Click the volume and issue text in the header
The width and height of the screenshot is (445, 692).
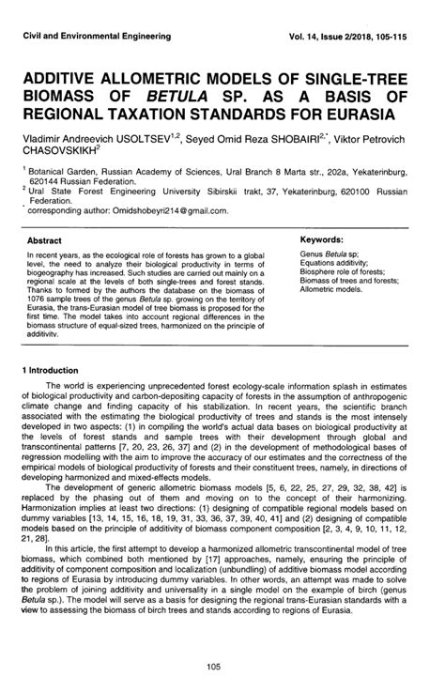[x=361, y=36]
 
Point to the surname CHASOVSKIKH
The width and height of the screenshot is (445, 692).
[x=63, y=155]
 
